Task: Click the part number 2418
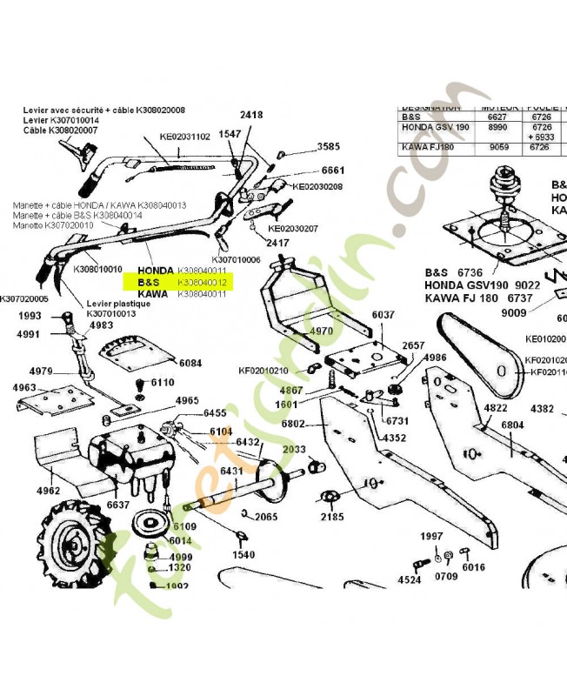pos(251,115)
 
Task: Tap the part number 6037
pos(383,315)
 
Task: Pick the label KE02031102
pos(185,137)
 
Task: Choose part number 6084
pos(190,363)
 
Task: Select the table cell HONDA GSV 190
pos(436,127)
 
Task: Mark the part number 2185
pos(332,517)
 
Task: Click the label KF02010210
pos(263,371)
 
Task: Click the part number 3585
pos(329,147)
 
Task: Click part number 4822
pos(495,408)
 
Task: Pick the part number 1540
pos(243,554)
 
